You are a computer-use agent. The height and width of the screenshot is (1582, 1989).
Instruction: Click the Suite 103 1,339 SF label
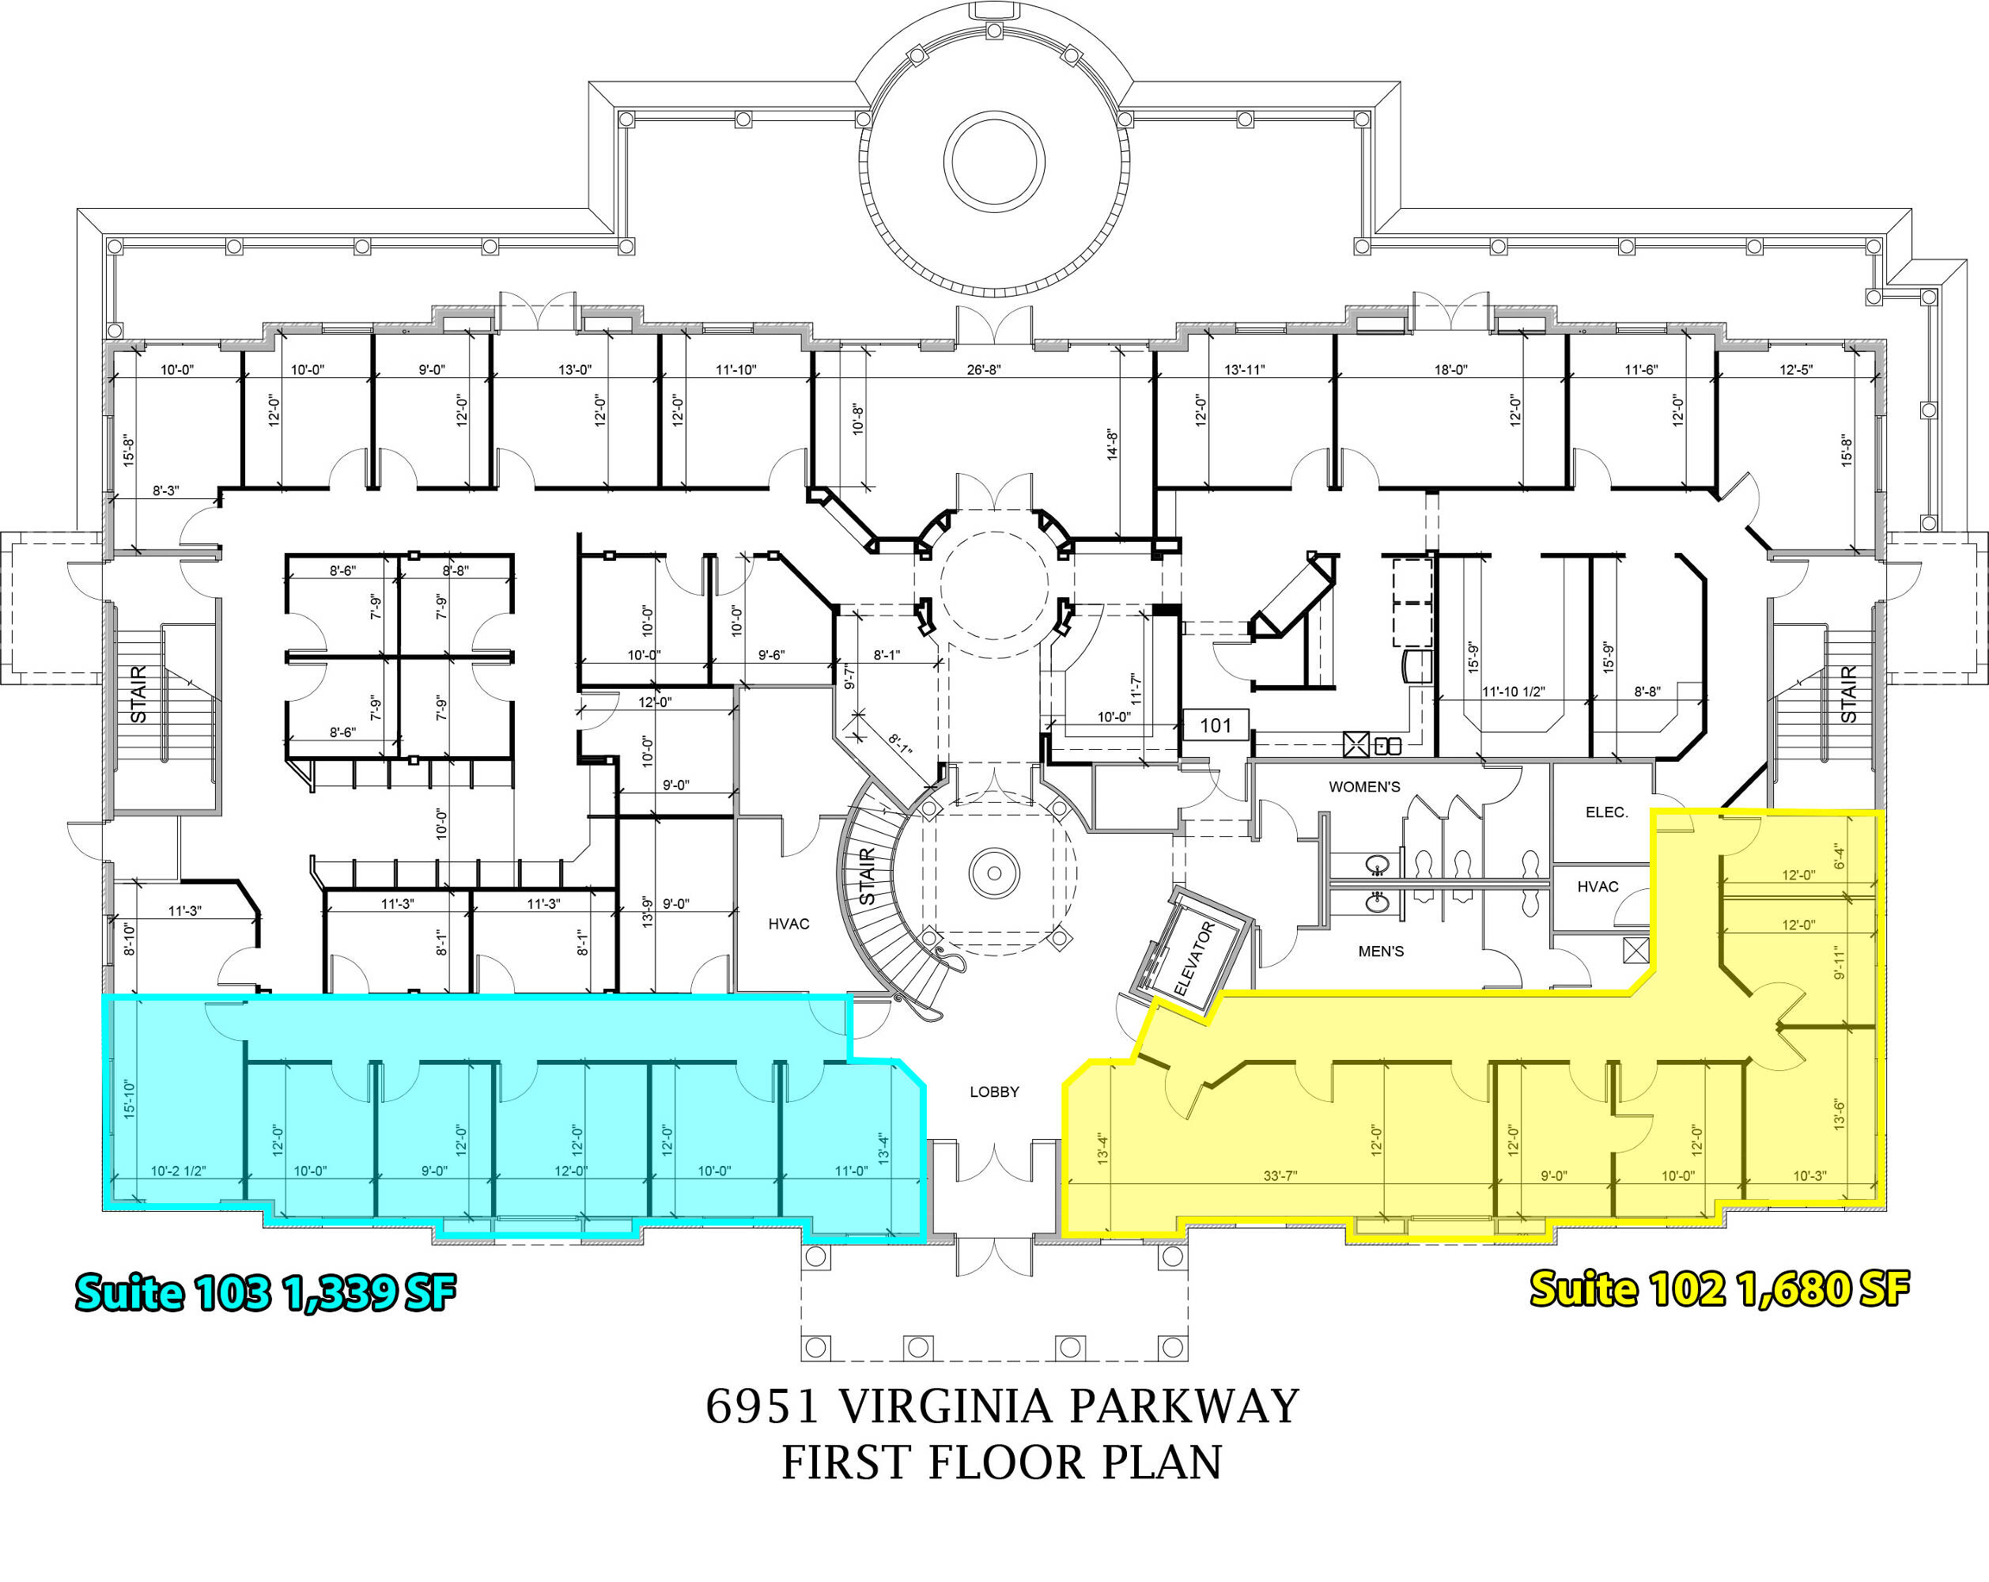coord(266,1292)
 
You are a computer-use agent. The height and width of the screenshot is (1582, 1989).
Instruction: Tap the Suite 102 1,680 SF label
coord(1719,1289)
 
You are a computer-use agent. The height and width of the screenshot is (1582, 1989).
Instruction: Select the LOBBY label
coord(995,1092)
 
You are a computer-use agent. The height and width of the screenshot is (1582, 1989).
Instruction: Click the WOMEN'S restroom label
coord(1364,787)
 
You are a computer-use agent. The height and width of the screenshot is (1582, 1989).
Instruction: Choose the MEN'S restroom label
coord(1381,951)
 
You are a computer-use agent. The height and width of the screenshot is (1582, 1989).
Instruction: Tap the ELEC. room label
coord(1607,812)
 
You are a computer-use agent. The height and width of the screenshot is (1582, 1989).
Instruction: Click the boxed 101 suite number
coord(1216,725)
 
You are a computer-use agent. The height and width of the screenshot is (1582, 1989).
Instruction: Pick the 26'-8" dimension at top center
coord(984,370)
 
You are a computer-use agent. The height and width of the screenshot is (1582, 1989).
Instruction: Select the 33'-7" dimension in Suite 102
coord(1280,1176)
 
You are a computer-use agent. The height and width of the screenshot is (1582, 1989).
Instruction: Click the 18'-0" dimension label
coord(1450,370)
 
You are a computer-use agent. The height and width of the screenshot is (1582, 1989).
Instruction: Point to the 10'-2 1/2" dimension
coord(178,1171)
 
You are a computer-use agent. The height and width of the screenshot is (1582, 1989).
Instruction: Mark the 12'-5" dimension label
coord(1795,370)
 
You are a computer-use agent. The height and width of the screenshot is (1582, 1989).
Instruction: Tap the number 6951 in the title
coord(763,1406)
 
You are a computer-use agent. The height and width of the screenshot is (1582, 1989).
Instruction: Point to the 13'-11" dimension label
coord(1245,370)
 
